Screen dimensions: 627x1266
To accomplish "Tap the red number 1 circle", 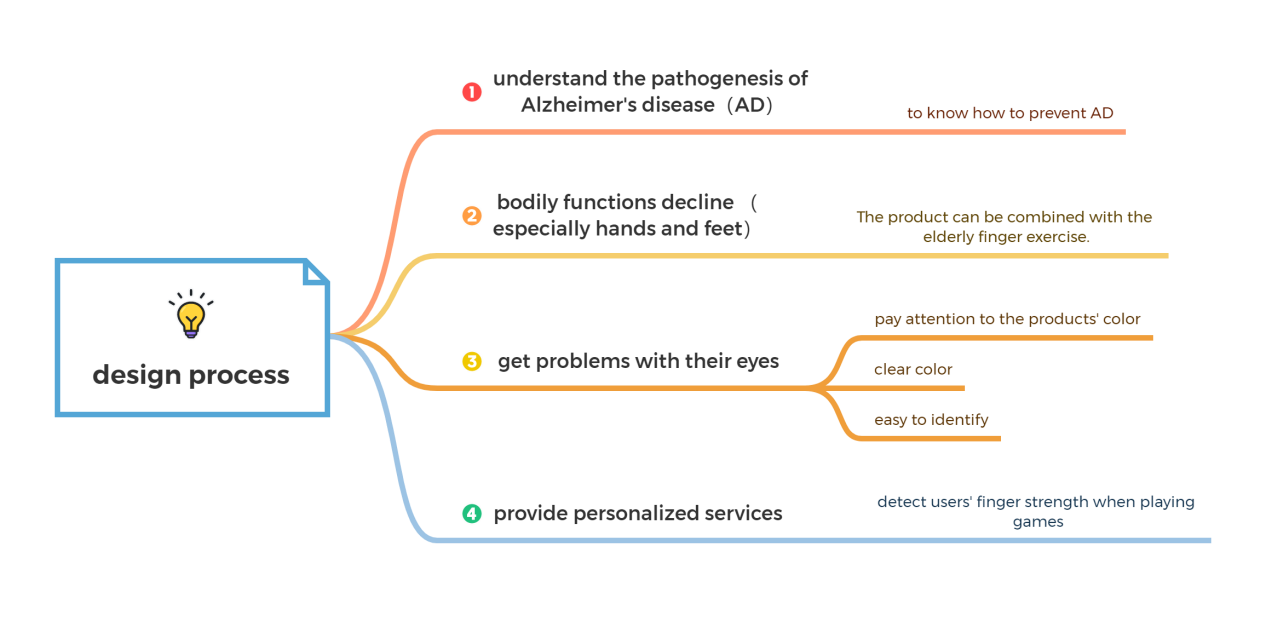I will click(471, 92).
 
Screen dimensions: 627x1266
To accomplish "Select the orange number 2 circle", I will click(472, 215).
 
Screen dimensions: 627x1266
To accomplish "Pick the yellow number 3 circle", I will click(472, 361).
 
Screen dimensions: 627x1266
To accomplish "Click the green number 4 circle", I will click(472, 514).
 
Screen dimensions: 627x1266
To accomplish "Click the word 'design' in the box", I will click(134, 376).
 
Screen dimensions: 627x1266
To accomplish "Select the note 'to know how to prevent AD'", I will click(1010, 113).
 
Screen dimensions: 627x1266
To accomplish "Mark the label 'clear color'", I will click(913, 369).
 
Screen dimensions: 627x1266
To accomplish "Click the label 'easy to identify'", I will click(931, 419).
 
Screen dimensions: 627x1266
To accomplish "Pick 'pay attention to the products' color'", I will click(1007, 319).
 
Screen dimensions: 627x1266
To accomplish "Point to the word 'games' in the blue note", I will click(1037, 521).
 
